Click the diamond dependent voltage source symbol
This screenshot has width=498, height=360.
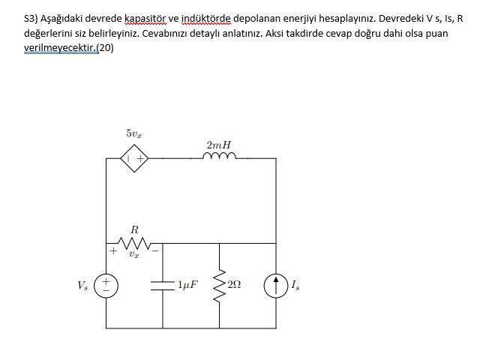136,158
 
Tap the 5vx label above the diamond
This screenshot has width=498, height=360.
134,133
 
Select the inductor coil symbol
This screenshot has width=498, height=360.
218,157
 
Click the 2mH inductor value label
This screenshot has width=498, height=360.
218,143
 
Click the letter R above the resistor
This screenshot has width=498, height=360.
135,228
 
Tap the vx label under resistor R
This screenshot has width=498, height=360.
133,255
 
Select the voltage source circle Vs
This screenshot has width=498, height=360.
106,285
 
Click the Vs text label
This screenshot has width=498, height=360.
82,285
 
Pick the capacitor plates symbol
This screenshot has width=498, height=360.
163,285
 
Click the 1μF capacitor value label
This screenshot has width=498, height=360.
187,285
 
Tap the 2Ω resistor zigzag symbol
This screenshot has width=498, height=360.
220,285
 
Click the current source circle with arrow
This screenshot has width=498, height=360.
276,285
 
